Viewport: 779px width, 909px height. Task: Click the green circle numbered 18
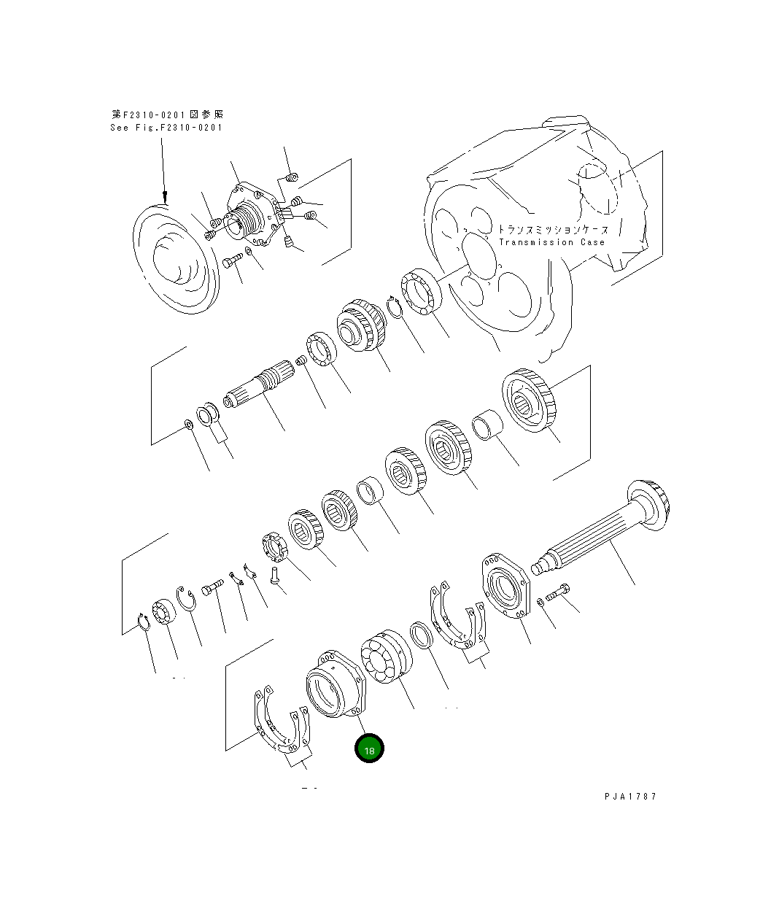click(x=369, y=749)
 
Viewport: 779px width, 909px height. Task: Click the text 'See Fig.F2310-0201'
click(x=166, y=128)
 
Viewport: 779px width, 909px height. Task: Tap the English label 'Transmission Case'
click(x=551, y=242)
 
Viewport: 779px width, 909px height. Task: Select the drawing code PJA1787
click(x=630, y=797)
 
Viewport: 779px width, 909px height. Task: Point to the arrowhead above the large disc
click(x=165, y=196)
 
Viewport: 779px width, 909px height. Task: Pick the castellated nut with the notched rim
click(x=275, y=547)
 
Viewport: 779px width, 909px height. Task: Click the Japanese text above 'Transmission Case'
click(x=553, y=229)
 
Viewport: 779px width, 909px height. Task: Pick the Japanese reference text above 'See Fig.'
click(x=168, y=115)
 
